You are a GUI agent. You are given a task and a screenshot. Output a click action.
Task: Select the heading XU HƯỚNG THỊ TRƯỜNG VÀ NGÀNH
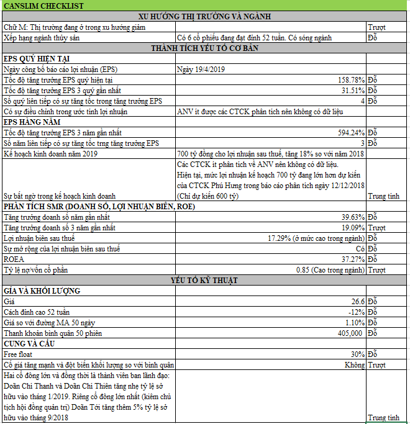click(x=204, y=16)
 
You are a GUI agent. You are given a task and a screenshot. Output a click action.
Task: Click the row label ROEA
click(x=14, y=259)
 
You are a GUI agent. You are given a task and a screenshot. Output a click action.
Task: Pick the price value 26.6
click(x=357, y=302)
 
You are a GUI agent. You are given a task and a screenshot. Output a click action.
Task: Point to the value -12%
click(x=356, y=312)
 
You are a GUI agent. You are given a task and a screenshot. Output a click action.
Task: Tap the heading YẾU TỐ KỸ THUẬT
click(x=204, y=281)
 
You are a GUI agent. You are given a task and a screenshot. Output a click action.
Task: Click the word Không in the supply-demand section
click(x=354, y=365)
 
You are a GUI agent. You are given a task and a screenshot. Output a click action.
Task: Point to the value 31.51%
click(x=352, y=91)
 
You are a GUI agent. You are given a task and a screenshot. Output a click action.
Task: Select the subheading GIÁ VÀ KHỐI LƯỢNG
click(x=43, y=291)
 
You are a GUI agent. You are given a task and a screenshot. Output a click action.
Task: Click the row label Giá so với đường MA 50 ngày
click(x=51, y=323)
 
